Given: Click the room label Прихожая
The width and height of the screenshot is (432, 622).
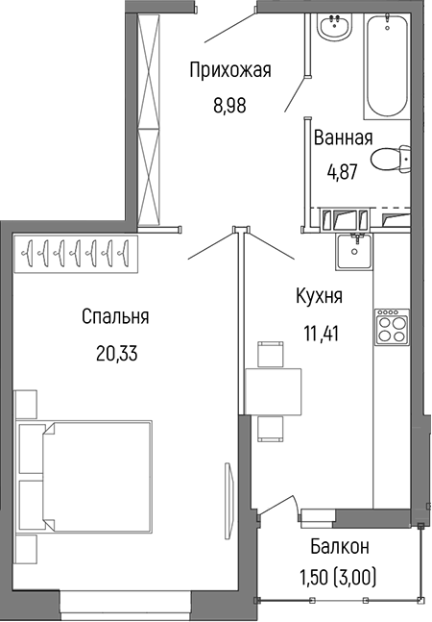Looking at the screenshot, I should tap(230, 69).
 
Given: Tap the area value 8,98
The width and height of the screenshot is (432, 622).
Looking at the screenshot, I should tap(230, 106).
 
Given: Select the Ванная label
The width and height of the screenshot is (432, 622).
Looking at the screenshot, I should tap(343, 137).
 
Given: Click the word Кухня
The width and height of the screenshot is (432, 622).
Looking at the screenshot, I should tap(319, 297).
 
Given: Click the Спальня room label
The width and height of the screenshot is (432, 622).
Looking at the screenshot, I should tap(115, 316).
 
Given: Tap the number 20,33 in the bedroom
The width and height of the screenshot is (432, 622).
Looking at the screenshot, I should tap(115, 353).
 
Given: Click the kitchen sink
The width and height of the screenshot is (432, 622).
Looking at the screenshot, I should tap(357, 251).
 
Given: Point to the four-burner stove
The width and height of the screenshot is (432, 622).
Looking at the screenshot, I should tap(390, 331).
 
